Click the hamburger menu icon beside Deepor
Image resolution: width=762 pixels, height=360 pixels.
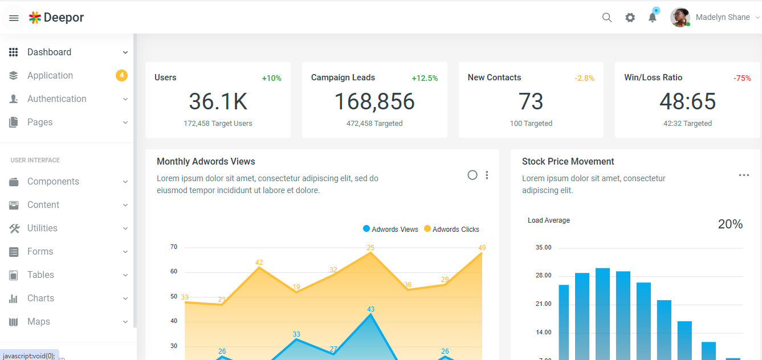(14, 18)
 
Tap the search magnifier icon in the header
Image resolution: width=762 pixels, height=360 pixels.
(607, 18)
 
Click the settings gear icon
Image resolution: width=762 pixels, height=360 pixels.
(630, 18)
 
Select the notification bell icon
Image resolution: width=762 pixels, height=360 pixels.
(653, 18)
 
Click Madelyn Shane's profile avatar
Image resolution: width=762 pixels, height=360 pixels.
(680, 18)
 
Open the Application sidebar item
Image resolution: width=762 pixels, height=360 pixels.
(50, 76)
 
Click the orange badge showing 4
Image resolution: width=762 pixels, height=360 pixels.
(121, 75)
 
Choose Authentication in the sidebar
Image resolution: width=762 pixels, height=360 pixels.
(57, 99)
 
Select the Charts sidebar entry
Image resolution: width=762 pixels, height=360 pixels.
(40, 298)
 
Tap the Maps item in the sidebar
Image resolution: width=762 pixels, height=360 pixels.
(39, 322)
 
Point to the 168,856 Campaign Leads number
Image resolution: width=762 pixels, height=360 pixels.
(374, 102)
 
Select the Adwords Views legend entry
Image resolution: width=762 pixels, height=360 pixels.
(391, 230)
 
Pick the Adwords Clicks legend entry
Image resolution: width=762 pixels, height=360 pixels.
(452, 230)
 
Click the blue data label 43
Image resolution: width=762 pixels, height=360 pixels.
(370, 309)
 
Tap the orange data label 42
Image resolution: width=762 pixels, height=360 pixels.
(259, 263)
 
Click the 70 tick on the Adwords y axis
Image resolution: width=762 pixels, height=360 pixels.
(174, 247)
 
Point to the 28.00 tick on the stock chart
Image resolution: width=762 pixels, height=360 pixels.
(543, 276)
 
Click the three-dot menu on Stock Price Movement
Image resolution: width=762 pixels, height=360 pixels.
(744, 175)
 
